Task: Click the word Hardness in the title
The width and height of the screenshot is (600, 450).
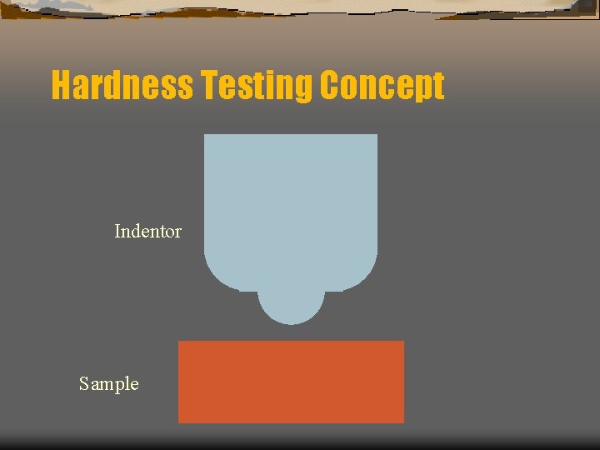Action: [x=122, y=85]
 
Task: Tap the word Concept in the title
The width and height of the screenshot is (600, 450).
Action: [x=382, y=85]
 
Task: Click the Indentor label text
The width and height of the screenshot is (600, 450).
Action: [x=147, y=232]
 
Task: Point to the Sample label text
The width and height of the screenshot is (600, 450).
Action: [x=108, y=384]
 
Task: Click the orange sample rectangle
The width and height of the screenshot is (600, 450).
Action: [x=291, y=382]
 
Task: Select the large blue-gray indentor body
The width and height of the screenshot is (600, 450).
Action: [x=290, y=208]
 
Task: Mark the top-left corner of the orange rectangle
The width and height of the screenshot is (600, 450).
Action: [x=179, y=342]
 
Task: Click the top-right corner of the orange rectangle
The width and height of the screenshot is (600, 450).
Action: [x=403, y=342]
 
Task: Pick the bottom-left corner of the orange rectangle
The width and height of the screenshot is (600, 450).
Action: [x=179, y=422]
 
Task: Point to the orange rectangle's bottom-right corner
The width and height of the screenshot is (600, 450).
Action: [x=403, y=422]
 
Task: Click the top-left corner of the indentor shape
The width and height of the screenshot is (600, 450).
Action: [x=205, y=135]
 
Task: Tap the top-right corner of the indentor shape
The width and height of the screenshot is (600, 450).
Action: [x=377, y=135]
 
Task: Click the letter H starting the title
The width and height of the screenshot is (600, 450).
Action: [x=61, y=85]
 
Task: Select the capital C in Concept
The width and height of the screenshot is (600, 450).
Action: [x=329, y=85]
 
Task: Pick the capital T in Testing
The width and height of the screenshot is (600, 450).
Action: [x=206, y=85]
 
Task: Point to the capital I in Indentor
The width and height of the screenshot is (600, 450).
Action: [x=117, y=232]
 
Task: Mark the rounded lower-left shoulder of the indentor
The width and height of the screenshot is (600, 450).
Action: [x=218, y=277]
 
